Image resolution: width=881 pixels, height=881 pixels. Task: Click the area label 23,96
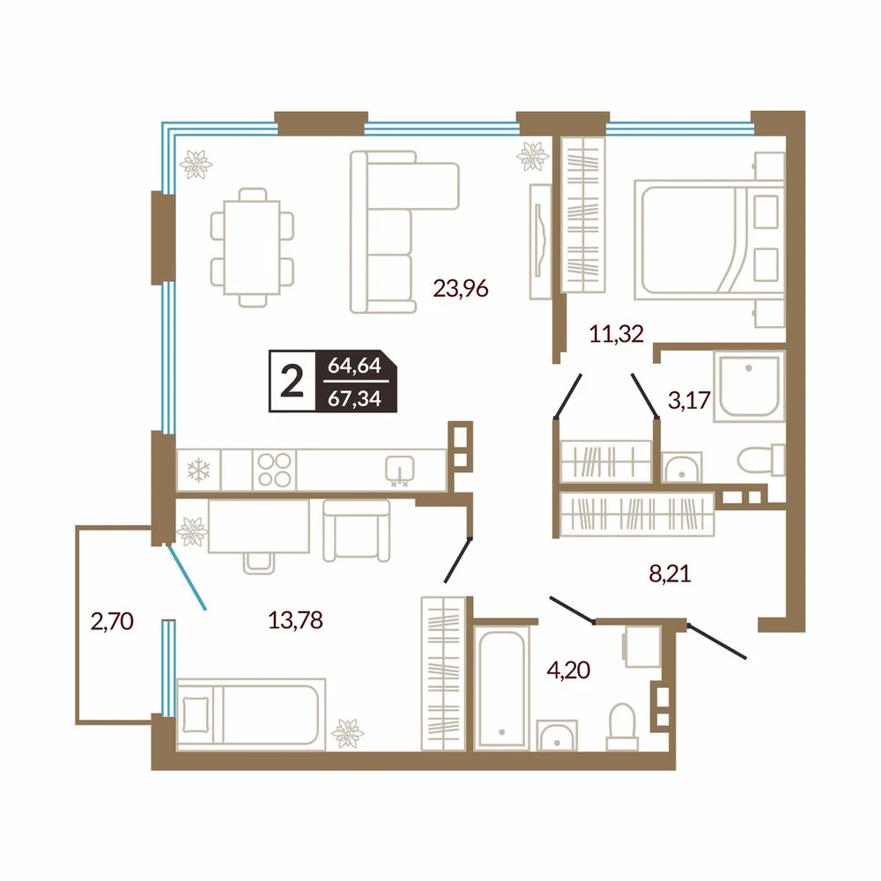(x=461, y=289)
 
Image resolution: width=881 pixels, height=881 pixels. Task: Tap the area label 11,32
(x=617, y=334)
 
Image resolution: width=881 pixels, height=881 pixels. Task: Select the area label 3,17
(x=689, y=400)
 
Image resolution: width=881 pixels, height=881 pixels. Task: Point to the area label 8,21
(x=670, y=574)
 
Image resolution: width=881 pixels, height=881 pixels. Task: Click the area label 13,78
(x=295, y=620)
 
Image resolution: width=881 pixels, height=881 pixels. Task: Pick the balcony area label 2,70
(x=112, y=621)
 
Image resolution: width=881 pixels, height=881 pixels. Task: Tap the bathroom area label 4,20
(x=568, y=670)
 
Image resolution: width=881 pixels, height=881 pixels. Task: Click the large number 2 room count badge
(x=292, y=381)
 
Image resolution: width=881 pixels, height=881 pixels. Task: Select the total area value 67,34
(x=354, y=398)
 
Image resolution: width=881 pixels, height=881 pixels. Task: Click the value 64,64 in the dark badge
(x=354, y=366)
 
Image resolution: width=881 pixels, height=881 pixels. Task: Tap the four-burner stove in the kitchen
(x=274, y=470)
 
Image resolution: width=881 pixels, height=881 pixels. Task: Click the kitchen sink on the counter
(x=400, y=470)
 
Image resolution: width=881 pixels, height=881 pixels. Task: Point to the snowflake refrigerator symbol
(x=198, y=470)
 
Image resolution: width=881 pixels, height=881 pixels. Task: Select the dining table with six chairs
(x=252, y=248)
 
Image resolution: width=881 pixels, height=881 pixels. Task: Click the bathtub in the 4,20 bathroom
(x=501, y=688)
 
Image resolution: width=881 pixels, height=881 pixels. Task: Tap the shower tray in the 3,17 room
(x=749, y=387)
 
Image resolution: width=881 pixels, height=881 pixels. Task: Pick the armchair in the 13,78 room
(x=356, y=531)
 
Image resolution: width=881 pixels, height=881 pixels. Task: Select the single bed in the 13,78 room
(x=251, y=714)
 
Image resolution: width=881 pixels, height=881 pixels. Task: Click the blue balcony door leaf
(x=187, y=577)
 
